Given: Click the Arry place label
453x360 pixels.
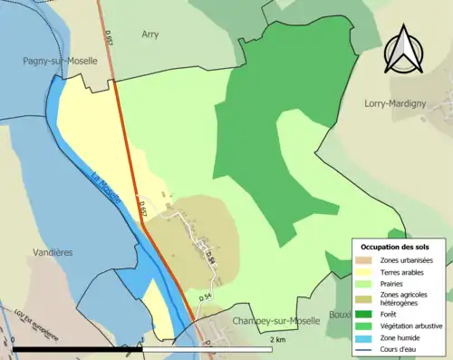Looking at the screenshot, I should (x=150, y=34).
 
